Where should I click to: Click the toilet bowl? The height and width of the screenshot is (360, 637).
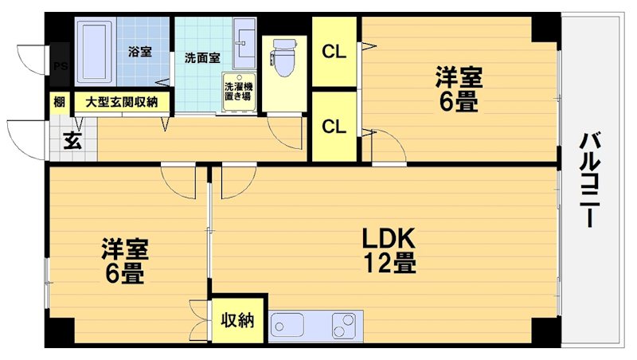283,55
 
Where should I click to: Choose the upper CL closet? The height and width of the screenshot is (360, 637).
334,52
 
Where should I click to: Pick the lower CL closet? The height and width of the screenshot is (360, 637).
334,126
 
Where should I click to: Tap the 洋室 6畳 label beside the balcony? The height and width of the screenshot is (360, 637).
457,90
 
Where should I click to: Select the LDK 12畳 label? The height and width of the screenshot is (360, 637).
389,250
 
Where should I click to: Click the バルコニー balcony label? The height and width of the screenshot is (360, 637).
589,179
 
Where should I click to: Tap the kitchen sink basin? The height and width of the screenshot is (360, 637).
287,326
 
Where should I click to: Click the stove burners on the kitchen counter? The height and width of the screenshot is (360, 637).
345,326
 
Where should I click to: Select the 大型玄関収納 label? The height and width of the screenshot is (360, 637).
122,102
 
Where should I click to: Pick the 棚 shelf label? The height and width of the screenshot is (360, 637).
60,102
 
